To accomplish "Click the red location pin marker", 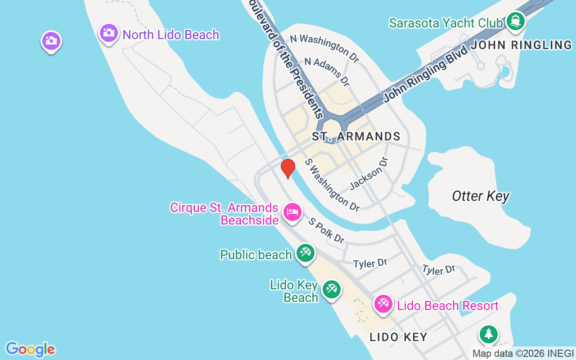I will tap(288, 168).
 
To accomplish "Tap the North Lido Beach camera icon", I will tap(108, 33).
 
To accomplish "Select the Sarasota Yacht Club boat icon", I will tap(515, 21).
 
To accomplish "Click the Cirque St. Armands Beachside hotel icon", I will tap(292, 211).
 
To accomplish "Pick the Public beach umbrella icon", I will tap(306, 252).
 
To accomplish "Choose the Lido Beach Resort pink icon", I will tap(383, 304).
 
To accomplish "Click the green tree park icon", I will tap(488, 334).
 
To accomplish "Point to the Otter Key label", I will tap(481, 196).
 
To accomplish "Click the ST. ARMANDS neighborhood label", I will tap(356, 136).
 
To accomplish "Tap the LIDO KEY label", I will tap(398, 337).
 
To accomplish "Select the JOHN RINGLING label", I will tap(521, 45).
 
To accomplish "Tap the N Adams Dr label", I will tap(327, 70).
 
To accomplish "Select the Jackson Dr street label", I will tap(369, 172).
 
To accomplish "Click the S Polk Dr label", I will tap(326, 230).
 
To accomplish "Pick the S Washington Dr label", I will tap(332, 184).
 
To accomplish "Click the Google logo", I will tap(30, 349).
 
